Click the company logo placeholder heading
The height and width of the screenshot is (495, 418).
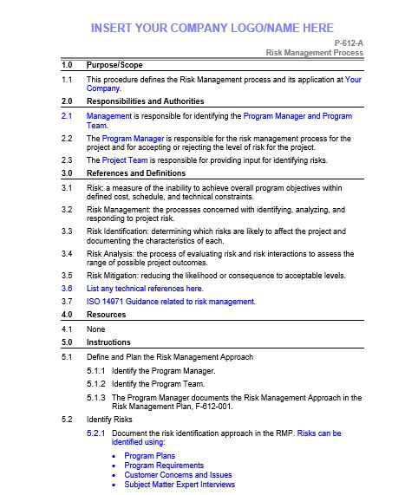tap(212, 28)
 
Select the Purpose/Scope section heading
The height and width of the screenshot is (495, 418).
tap(114, 65)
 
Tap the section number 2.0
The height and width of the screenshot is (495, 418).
tap(67, 101)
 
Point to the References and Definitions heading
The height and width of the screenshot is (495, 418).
tap(136, 173)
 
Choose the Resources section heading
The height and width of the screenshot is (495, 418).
tap(107, 315)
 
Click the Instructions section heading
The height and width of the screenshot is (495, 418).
tap(108, 342)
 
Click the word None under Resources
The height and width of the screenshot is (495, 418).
tap(96, 329)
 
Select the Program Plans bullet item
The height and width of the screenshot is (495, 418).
tap(150, 456)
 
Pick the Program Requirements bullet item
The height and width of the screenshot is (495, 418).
tap(164, 466)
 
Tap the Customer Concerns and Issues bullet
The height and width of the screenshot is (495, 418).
tap(178, 475)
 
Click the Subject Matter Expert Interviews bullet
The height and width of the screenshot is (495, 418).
tap(180, 485)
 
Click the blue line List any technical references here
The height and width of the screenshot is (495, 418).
tap(145, 288)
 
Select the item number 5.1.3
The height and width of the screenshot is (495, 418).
tap(96, 397)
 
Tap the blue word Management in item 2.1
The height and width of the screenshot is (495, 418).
tap(109, 115)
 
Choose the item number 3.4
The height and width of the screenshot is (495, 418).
tap(67, 253)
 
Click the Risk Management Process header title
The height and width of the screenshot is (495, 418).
tap(314, 53)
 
